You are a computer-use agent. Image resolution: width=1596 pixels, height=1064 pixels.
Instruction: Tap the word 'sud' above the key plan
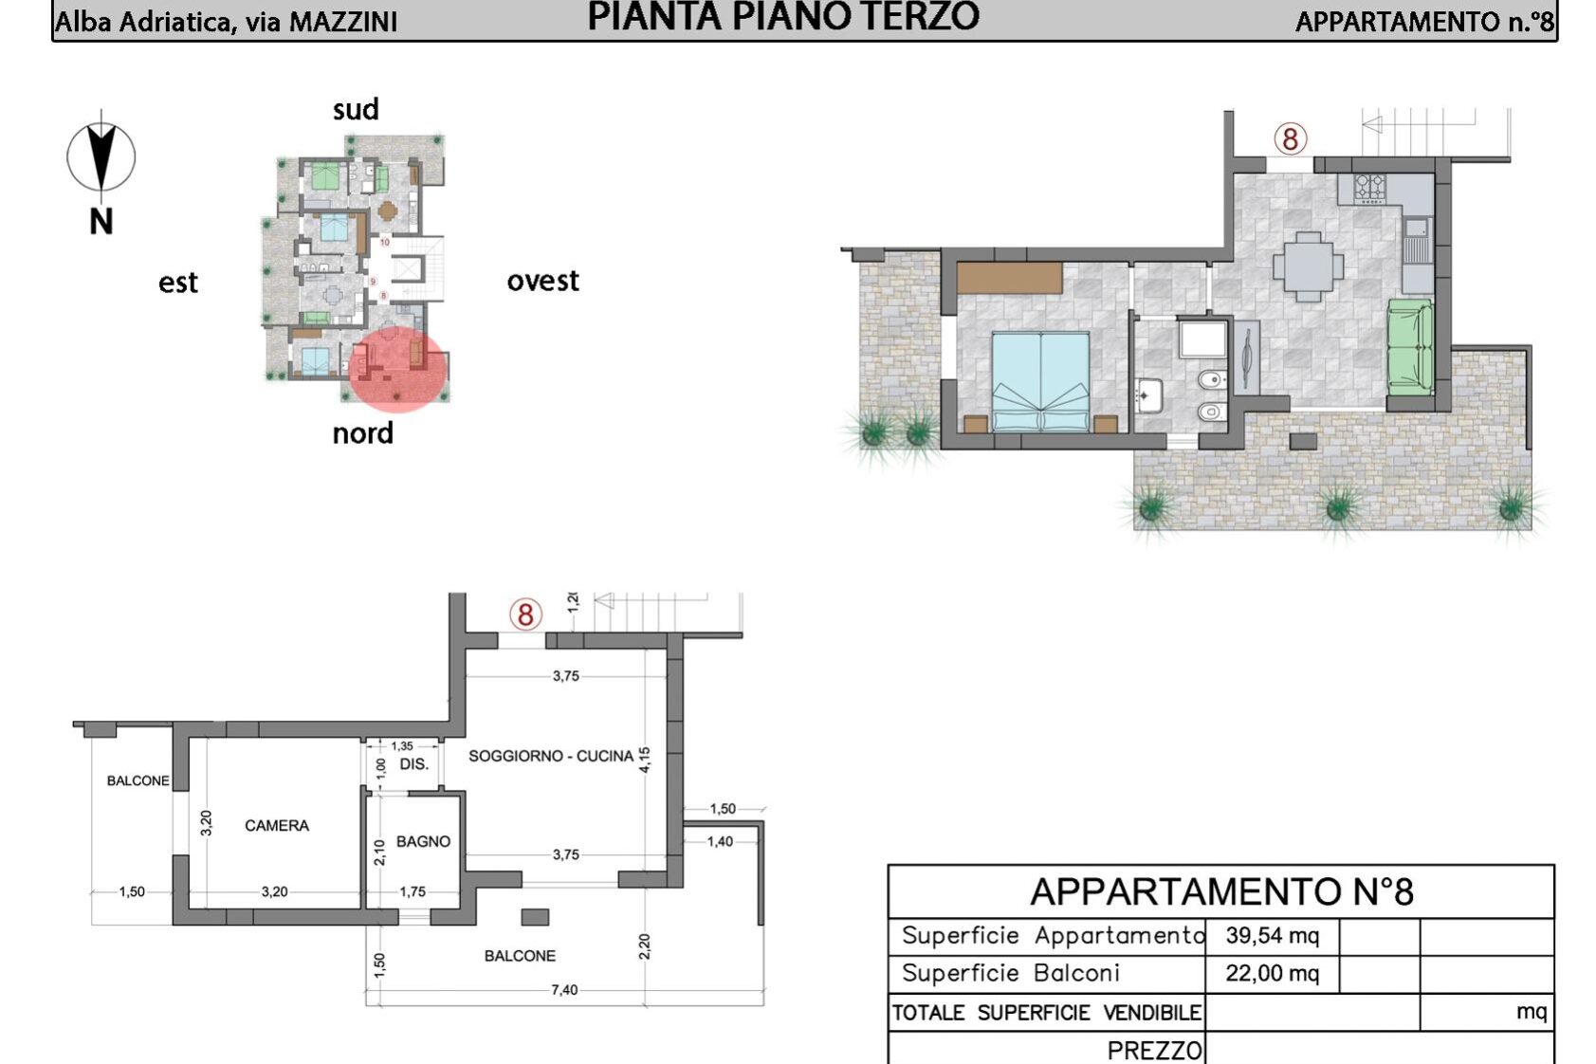[356, 110]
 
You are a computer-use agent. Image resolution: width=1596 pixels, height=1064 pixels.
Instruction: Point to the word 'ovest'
[543, 282]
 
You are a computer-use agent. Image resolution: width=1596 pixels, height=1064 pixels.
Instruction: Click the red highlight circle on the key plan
[397, 369]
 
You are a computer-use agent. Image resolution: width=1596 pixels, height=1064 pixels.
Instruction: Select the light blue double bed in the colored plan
[1041, 381]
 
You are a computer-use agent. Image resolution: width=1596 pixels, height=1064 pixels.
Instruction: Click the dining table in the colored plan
[1308, 266]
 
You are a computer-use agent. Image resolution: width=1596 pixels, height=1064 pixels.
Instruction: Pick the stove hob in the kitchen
[1369, 189]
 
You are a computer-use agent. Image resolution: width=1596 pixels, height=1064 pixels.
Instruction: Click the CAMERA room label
[277, 825]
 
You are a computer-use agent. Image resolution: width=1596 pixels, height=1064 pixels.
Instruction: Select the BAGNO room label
[423, 842]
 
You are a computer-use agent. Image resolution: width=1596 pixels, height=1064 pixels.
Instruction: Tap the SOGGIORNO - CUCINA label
[551, 756]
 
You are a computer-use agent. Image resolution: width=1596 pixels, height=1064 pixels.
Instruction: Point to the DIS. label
[414, 764]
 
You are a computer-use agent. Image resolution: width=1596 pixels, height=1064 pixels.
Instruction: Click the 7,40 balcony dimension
[564, 990]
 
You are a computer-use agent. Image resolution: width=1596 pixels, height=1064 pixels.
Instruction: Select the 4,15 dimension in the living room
[645, 760]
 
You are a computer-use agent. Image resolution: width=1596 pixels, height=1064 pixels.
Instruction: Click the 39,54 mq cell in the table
[1273, 936]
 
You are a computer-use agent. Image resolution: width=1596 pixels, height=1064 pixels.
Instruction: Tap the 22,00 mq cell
[1273, 974]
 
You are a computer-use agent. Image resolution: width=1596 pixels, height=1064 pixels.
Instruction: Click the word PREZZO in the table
[1155, 1051]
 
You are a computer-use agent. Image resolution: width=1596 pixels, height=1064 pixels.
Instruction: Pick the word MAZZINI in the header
[342, 22]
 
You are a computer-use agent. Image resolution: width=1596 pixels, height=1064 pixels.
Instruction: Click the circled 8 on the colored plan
[1291, 138]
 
